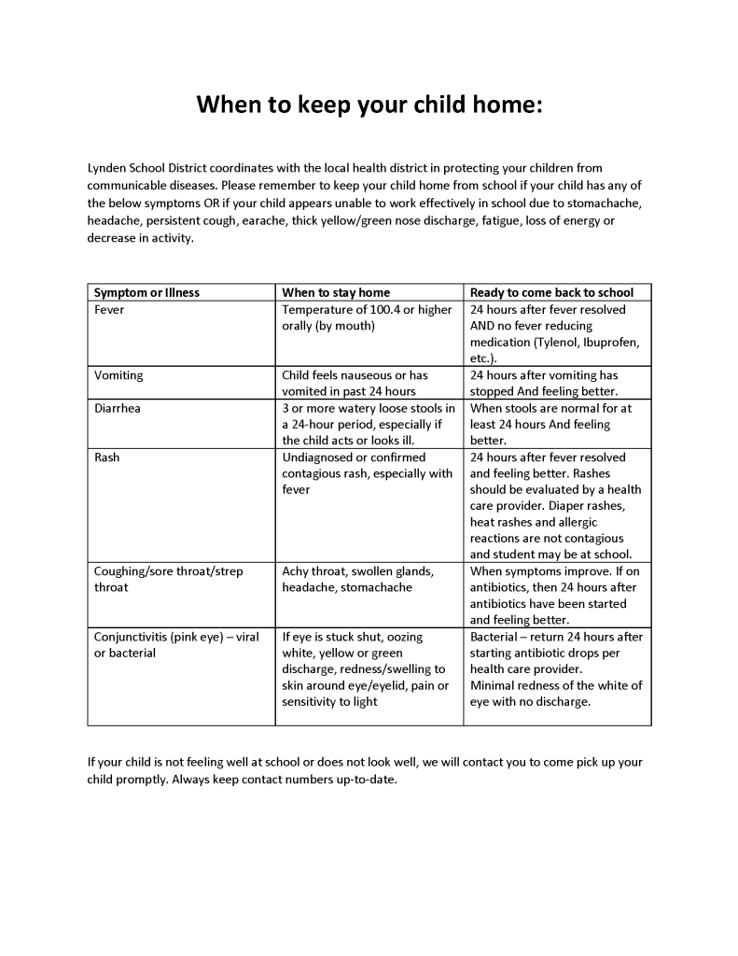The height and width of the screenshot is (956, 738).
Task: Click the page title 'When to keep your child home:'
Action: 369,104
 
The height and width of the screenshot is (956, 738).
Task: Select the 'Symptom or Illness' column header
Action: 146,292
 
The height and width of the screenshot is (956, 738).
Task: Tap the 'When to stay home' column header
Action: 336,292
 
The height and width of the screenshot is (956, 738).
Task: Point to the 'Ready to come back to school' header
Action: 551,292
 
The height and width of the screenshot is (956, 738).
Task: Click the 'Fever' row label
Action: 109,309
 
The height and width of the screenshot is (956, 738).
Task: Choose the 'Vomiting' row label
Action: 118,375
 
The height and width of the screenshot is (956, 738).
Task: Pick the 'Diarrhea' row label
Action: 118,408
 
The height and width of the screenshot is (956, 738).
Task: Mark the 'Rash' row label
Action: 107,457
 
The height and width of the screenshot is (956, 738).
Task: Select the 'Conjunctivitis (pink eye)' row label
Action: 160,637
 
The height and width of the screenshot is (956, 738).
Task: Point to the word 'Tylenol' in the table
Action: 557,343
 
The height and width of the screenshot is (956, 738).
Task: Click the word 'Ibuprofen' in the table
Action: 611,343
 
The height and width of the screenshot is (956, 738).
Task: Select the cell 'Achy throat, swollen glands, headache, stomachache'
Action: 357,579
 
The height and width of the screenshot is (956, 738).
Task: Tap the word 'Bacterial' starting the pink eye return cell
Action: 495,637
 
